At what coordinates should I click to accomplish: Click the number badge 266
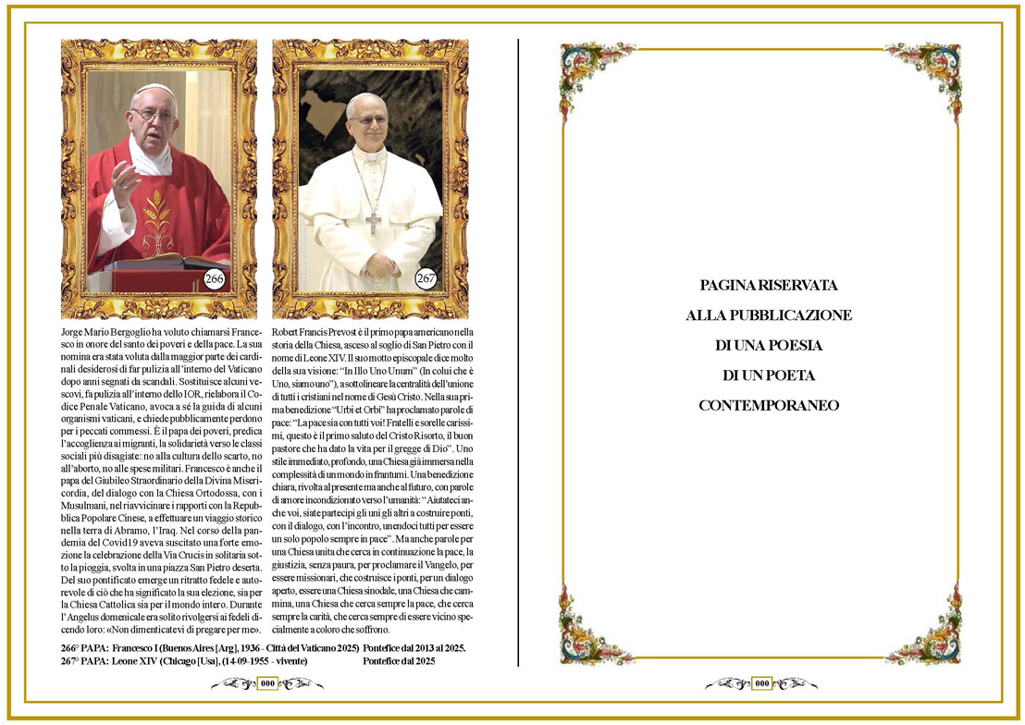[x=215, y=278]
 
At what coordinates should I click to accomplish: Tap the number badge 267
[x=426, y=278]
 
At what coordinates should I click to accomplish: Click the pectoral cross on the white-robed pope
[x=373, y=222]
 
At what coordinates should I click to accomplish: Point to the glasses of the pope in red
[x=153, y=115]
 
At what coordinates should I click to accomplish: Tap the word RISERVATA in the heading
[x=797, y=285]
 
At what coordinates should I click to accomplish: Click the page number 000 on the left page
[x=267, y=683]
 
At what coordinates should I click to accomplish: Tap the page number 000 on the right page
[x=761, y=683]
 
